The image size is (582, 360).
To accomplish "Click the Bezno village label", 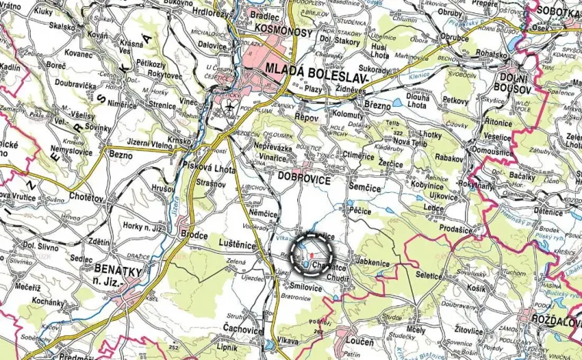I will (x=122, y=155).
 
